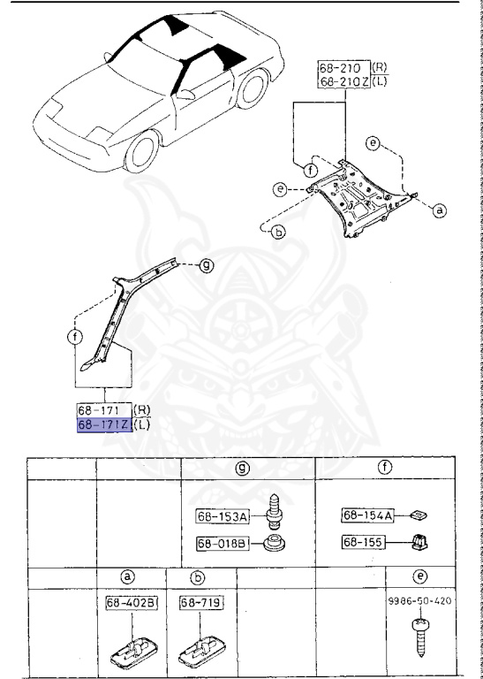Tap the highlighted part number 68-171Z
pos(105,425)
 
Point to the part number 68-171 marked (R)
pos(102,411)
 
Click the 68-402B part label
pos(126,604)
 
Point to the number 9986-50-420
pos(420,600)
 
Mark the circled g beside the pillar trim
pos(206,264)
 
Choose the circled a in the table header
pos(127,577)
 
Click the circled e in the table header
pos(421,577)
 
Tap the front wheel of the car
pos(144,150)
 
